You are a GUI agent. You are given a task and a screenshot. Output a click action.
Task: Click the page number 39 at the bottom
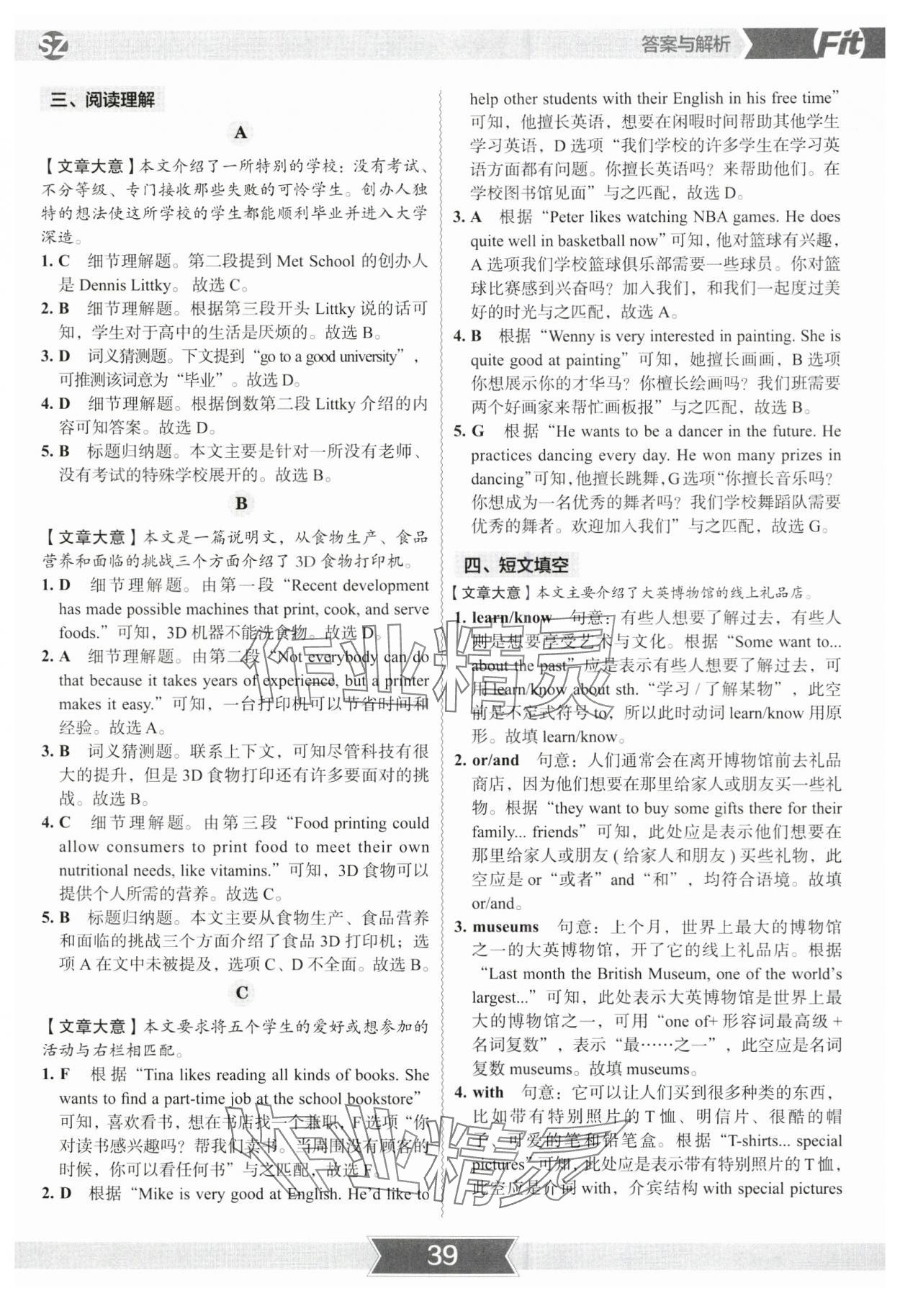click(442, 1254)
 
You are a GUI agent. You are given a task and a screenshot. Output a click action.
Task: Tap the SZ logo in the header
click(53, 46)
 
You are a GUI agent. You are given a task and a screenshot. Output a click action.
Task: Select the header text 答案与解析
click(685, 45)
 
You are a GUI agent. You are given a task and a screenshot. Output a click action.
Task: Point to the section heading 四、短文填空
click(516, 565)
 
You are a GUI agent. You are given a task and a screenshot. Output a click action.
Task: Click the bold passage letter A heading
click(240, 132)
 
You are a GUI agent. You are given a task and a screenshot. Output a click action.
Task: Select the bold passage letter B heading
click(241, 504)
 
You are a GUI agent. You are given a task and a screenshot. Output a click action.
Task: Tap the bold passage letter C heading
click(242, 993)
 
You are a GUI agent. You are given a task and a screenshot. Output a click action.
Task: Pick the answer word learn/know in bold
click(511, 618)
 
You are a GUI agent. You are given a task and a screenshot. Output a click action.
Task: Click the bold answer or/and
click(495, 760)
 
